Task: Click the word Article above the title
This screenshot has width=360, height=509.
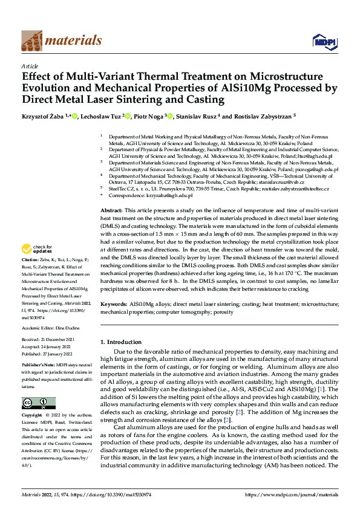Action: point(29,65)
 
